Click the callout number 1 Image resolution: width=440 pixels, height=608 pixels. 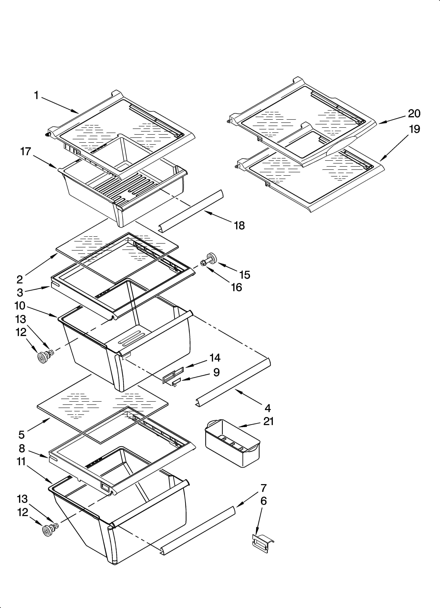point(36,95)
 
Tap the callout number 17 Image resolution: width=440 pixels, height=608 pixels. point(26,152)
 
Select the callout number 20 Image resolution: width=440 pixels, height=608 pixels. point(414,114)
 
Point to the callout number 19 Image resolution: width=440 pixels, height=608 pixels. point(415,129)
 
